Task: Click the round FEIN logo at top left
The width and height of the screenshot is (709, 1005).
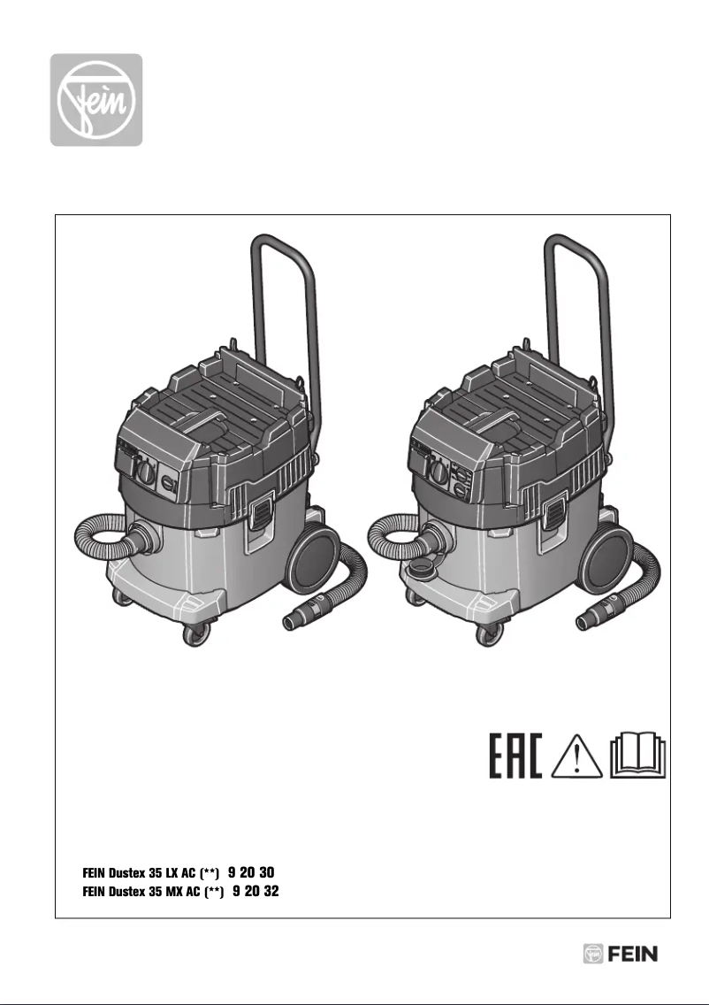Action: [95, 100]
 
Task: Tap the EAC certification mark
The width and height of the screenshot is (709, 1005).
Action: [516, 755]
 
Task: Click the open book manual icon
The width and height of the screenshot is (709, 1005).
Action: [639, 755]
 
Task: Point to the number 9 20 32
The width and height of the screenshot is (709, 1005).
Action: [255, 892]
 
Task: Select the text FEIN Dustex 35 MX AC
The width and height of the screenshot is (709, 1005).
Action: [152, 893]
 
